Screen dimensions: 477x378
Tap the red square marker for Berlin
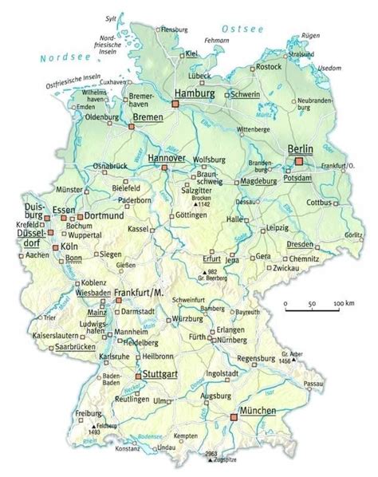[x=299, y=161]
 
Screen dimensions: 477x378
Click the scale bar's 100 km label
[x=345, y=305]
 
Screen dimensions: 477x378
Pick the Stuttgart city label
[x=158, y=373]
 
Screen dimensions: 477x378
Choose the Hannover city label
[x=167, y=158]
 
